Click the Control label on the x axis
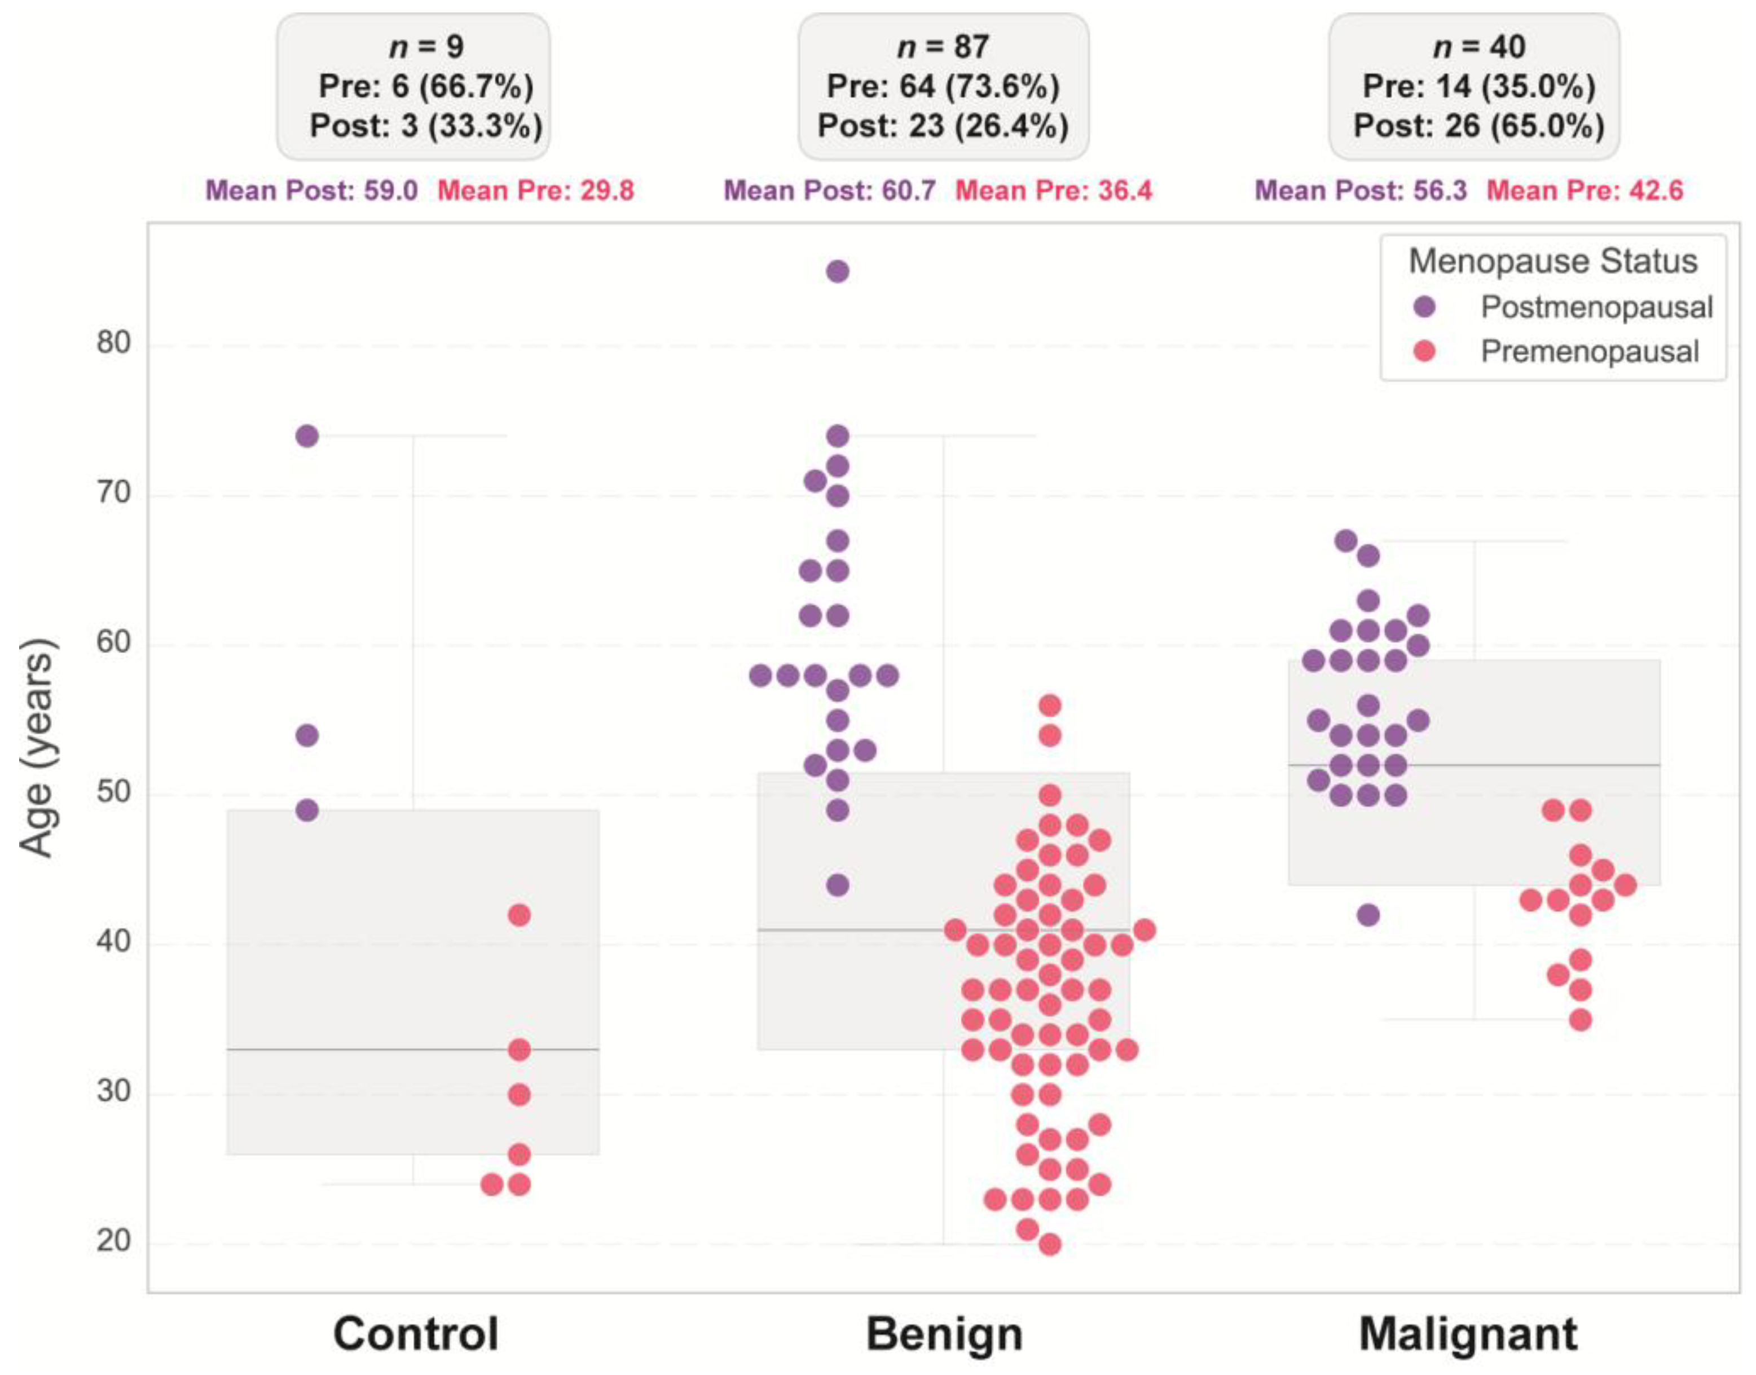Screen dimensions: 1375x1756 tap(416, 1334)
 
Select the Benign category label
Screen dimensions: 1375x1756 tap(944, 1334)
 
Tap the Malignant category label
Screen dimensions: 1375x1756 tap(1468, 1334)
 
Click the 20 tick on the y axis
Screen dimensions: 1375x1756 tap(113, 1241)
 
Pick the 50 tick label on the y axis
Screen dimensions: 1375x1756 tap(113, 792)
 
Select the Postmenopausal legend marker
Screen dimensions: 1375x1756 tap(1424, 307)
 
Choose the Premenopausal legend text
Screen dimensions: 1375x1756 tap(1590, 352)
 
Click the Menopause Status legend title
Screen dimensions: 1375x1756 tap(1552, 261)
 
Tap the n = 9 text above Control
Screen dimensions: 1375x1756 tap(426, 47)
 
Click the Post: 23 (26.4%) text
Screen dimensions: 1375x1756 tap(943, 126)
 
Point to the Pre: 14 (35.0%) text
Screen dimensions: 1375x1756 tap(1478, 86)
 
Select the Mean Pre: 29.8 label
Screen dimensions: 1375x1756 tap(535, 191)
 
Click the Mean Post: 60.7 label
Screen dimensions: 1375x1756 tap(829, 191)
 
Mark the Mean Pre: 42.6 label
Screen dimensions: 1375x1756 tap(1585, 191)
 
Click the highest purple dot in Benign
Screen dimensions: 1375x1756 tap(837, 271)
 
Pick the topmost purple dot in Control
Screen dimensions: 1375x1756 tap(307, 437)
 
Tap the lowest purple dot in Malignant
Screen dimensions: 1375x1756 tap(1368, 915)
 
